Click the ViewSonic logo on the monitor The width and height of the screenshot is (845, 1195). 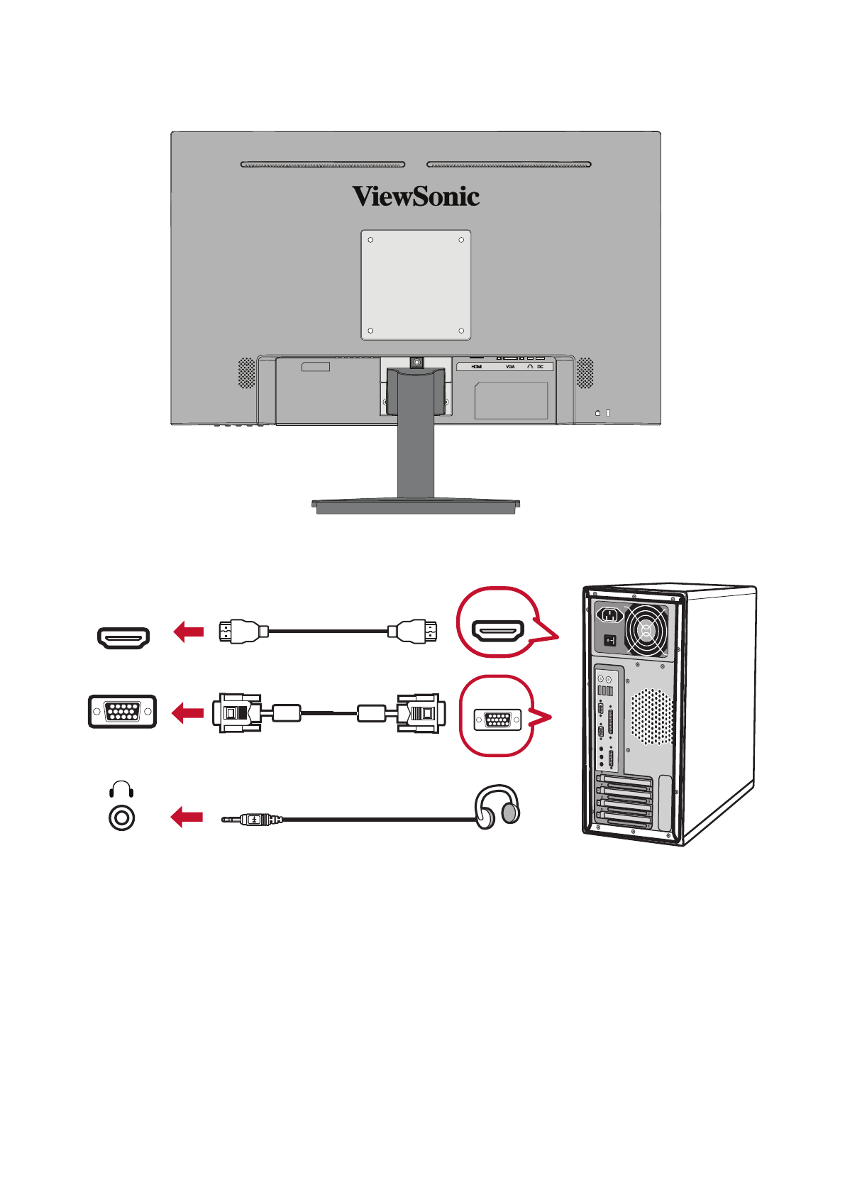pos(416,197)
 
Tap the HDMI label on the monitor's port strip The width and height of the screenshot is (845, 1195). pos(477,367)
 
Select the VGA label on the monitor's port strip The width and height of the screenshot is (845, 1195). pos(510,367)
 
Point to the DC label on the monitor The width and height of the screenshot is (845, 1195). pos(541,367)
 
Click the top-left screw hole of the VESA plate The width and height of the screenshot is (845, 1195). pos(370,240)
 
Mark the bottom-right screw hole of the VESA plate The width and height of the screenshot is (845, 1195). pos(461,331)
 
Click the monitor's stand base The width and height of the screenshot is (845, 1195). pos(416,505)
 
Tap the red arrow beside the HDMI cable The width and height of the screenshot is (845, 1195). pos(189,631)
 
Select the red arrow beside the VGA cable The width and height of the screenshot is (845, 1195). pos(189,712)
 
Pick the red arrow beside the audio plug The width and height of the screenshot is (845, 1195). pos(187,817)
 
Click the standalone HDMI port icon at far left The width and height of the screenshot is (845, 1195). pos(123,637)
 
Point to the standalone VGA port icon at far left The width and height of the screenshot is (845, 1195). pos(122,711)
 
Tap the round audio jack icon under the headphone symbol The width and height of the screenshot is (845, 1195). pos(122,818)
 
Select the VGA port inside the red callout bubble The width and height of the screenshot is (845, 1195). pos(497,720)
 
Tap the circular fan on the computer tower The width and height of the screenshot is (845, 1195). pos(646,630)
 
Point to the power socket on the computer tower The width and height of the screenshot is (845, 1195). pos(609,615)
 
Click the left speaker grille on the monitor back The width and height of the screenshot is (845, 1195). pos(246,373)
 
